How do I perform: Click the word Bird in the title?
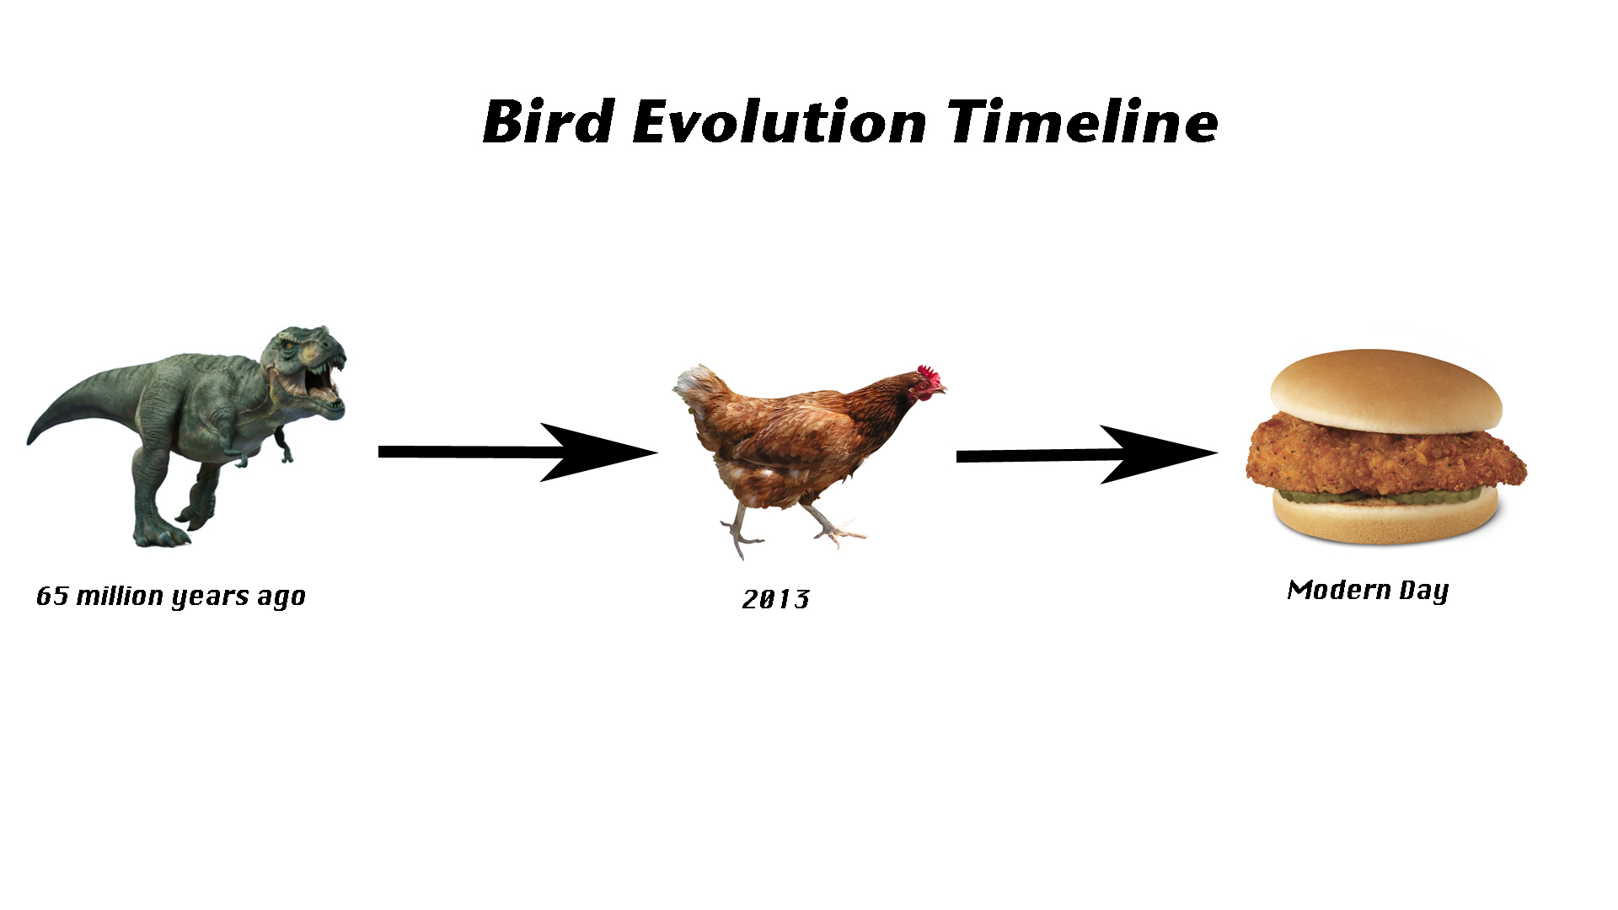[x=549, y=121]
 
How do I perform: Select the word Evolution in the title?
[x=780, y=121]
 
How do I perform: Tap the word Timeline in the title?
[x=1083, y=121]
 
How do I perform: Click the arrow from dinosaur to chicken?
[x=517, y=452]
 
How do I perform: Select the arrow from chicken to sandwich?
[x=1087, y=455]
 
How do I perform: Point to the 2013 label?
[x=776, y=599]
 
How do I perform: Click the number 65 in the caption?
[x=52, y=596]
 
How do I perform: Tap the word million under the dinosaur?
[x=120, y=595]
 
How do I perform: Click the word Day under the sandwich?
[x=1424, y=591]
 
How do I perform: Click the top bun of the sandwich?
[x=1385, y=393]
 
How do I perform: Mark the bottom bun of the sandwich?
[x=1385, y=517]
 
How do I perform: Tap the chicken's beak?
[x=941, y=388]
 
